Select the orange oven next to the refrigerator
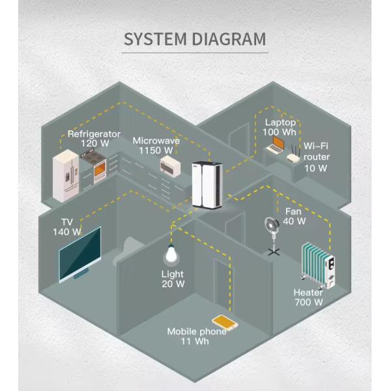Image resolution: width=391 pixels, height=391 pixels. pos(101,169)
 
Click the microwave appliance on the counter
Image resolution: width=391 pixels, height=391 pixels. pos(171,165)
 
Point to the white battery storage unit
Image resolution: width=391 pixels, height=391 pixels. pos(207,184)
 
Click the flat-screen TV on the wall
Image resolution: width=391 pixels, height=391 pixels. pos(80,253)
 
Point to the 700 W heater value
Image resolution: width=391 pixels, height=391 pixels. pos(308,302)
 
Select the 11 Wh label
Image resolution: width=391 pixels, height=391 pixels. pos(196,341)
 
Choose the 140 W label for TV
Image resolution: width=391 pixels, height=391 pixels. pos(66,231)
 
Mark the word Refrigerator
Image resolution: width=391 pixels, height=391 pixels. pos(94,134)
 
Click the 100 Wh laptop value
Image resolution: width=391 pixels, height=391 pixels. pos(280,132)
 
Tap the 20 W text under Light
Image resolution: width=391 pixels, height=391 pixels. pos(172,283)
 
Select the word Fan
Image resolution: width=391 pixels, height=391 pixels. pos(294,211)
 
